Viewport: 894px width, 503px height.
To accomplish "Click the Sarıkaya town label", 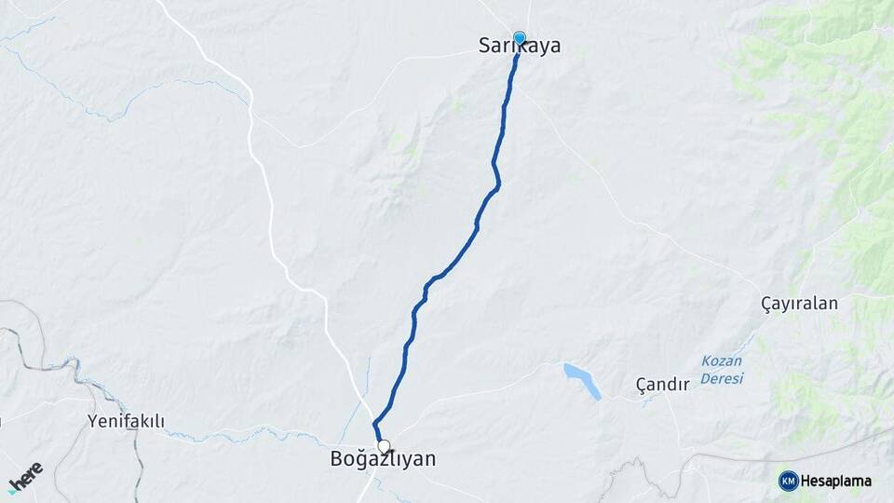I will pyautogui.click(x=519, y=45).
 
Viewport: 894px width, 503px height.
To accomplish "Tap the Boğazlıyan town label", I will pyautogui.click(x=383, y=459).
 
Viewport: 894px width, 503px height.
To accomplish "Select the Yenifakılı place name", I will pyautogui.click(x=126, y=422).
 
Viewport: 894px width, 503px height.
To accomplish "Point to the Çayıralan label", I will pyautogui.click(x=799, y=304).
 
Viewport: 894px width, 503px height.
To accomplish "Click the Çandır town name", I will pyautogui.click(x=662, y=384).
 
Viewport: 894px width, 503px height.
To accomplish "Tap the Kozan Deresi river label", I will pyautogui.click(x=722, y=370).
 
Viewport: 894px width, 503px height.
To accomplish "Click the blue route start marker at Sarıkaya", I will pyautogui.click(x=520, y=38).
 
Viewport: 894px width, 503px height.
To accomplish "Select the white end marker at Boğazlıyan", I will pyautogui.click(x=384, y=446).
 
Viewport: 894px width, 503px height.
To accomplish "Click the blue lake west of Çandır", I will pyautogui.click(x=581, y=381).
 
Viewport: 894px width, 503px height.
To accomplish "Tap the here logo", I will pyautogui.click(x=25, y=476).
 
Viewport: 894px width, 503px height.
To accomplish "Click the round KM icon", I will pyautogui.click(x=788, y=481).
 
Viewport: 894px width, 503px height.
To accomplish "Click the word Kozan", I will pyautogui.click(x=721, y=361).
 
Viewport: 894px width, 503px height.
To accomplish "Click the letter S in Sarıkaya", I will pyautogui.click(x=484, y=45).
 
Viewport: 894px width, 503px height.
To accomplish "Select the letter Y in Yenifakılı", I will pyautogui.click(x=92, y=422).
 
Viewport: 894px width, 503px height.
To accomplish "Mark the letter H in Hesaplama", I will pyautogui.click(x=806, y=482).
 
